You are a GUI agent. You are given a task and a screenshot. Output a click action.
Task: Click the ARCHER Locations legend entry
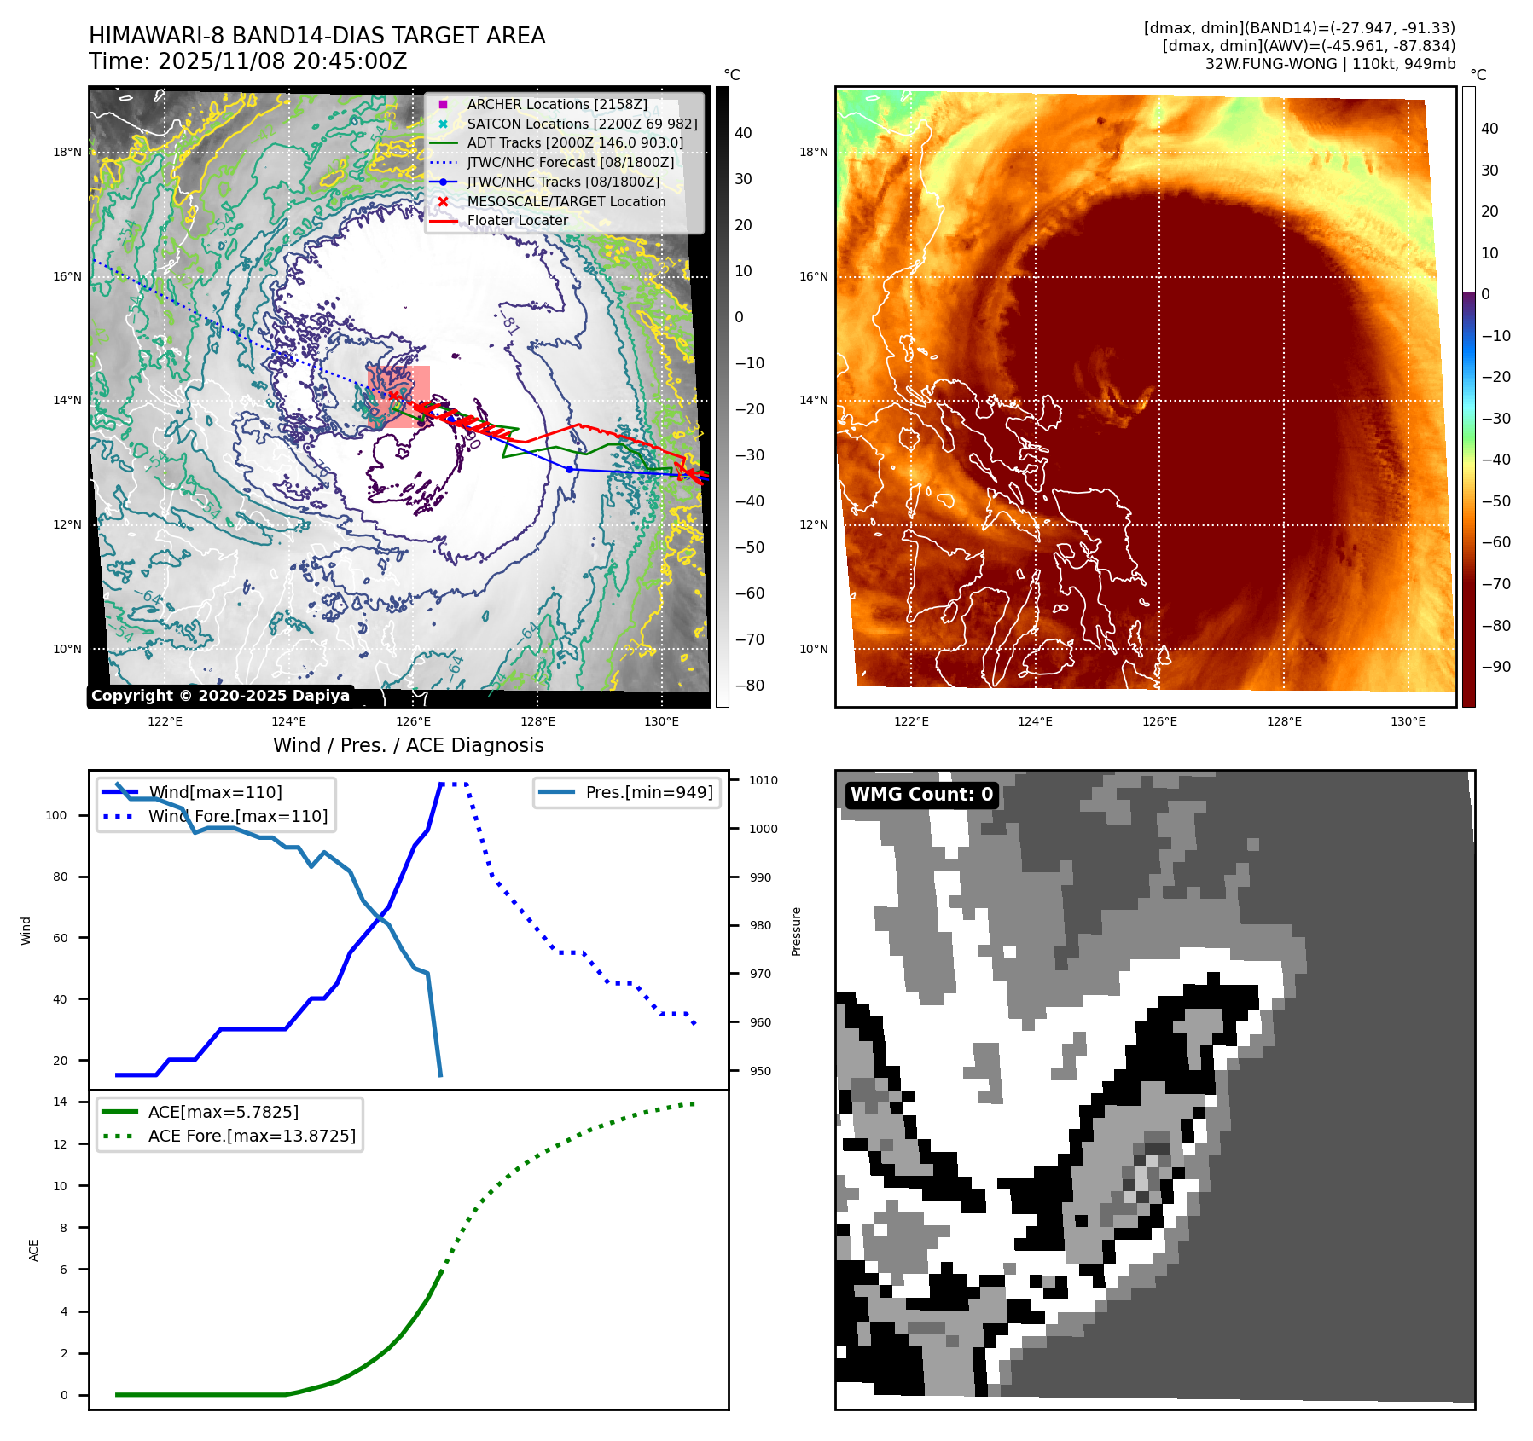click(x=557, y=104)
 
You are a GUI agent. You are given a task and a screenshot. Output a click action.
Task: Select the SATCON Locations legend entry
click(x=582, y=124)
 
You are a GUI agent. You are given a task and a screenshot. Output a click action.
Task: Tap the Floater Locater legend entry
click(x=517, y=220)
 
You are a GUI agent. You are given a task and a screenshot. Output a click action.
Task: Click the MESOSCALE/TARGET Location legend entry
click(x=566, y=201)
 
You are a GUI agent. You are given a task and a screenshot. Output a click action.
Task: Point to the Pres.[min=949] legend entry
click(x=648, y=792)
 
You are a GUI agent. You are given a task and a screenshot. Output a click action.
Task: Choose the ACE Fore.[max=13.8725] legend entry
click(x=252, y=1136)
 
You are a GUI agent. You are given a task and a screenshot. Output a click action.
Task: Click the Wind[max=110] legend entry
click(x=215, y=792)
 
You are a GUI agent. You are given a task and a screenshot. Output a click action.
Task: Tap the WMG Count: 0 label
click(x=921, y=795)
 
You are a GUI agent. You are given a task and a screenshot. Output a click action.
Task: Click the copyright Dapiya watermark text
click(x=220, y=696)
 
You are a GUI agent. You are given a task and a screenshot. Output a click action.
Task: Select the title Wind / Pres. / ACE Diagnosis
click(x=408, y=745)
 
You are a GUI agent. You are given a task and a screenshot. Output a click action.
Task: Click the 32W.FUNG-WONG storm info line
click(x=1330, y=64)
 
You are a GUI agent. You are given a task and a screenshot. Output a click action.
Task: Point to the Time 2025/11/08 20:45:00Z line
click(x=247, y=61)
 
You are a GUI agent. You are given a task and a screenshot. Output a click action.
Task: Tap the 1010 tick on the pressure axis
click(x=764, y=780)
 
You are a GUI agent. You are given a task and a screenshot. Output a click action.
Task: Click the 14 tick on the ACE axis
click(x=60, y=1102)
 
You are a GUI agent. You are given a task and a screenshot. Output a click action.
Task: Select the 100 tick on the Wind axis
click(x=56, y=815)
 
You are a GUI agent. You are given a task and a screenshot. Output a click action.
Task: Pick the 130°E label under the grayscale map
click(x=662, y=721)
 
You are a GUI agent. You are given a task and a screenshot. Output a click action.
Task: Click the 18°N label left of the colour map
click(x=813, y=153)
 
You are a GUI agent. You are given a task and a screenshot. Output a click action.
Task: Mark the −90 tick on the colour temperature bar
click(x=1495, y=667)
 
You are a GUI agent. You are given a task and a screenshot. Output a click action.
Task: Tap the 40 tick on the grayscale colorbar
click(x=743, y=133)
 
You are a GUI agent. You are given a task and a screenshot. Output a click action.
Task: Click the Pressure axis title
click(x=796, y=931)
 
